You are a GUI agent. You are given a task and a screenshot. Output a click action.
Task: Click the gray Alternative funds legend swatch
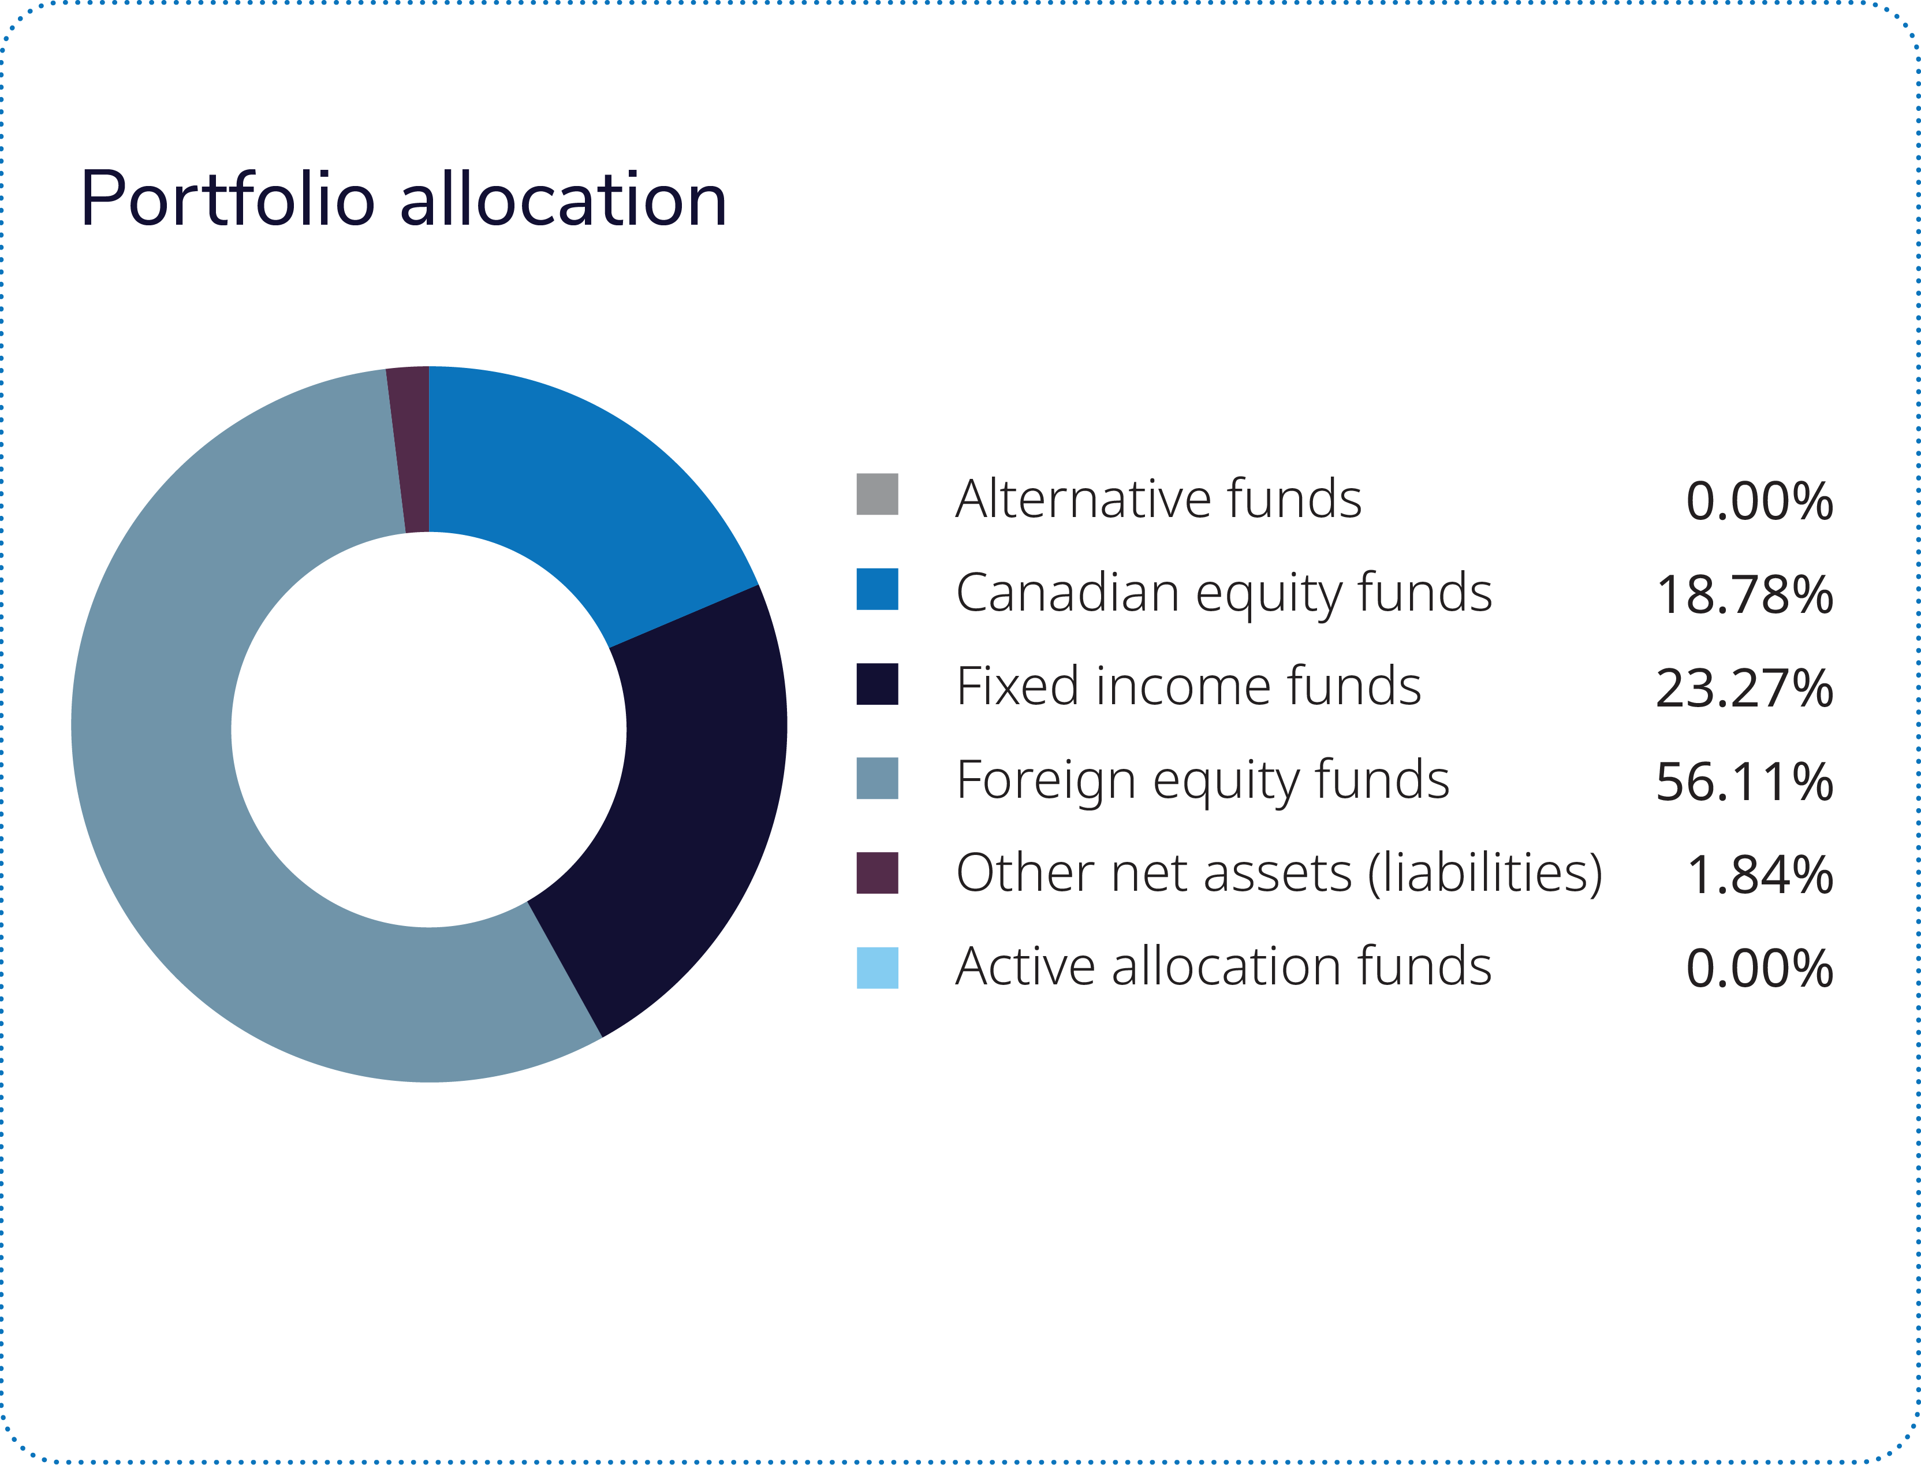pyautogui.click(x=877, y=494)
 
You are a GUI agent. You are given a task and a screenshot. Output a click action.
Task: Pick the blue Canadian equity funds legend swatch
pyautogui.click(x=877, y=589)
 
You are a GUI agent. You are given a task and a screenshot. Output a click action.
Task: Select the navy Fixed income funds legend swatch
pyautogui.click(x=877, y=683)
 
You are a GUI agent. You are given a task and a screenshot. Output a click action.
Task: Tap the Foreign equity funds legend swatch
pyautogui.click(x=877, y=778)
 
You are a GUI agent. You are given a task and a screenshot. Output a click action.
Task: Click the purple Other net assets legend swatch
pyautogui.click(x=877, y=873)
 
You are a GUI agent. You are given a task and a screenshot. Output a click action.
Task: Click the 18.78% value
pyautogui.click(x=1744, y=594)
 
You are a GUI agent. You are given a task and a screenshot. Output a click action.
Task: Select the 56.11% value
pyautogui.click(x=1744, y=782)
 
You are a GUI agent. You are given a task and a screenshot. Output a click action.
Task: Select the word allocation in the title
pyautogui.click(x=563, y=200)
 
